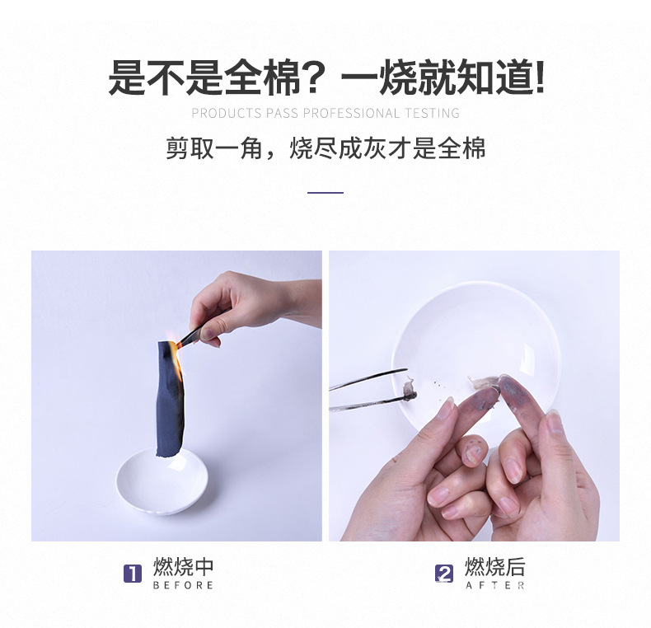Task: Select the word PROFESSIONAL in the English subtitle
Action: [x=350, y=113]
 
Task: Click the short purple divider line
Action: [x=325, y=193]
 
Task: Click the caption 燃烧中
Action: [x=183, y=567]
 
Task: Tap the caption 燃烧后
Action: [x=494, y=567]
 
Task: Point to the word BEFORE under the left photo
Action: [x=183, y=585]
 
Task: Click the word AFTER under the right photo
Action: [x=494, y=585]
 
